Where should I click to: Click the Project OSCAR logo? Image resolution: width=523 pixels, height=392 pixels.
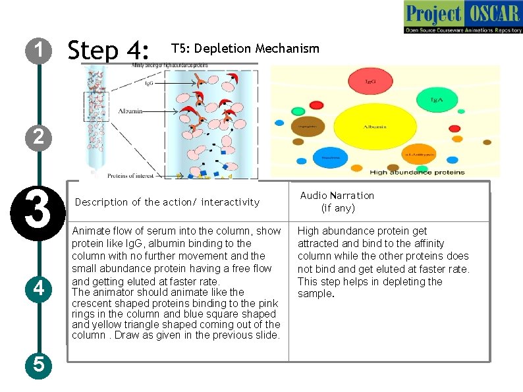pos(462,18)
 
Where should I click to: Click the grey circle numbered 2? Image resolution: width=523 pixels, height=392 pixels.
pos(39,137)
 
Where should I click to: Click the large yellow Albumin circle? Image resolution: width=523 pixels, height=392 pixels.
pos(371,127)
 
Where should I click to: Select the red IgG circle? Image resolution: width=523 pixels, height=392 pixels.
pos(371,81)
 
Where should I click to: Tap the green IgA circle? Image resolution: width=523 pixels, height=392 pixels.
pos(435,99)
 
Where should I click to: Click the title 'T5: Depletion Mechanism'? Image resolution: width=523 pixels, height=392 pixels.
pos(245,49)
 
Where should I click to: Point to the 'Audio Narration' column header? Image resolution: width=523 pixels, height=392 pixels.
pos(337,202)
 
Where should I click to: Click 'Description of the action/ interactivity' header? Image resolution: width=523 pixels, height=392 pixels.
pos(167,202)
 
